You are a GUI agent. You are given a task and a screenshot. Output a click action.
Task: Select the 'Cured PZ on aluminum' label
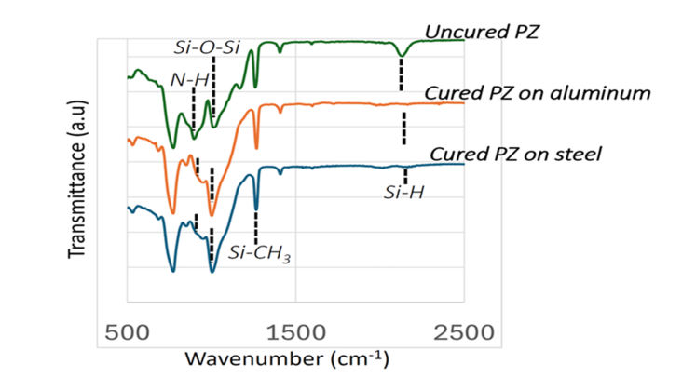pyautogui.click(x=536, y=93)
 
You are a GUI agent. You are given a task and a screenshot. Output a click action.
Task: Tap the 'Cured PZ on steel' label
pyautogui.click(x=514, y=154)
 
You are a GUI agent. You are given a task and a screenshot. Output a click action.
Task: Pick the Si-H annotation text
pyautogui.click(x=403, y=194)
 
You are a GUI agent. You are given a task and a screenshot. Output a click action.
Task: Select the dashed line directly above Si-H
pyautogui.click(x=405, y=176)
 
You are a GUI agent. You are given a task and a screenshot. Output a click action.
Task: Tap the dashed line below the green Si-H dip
pyautogui.click(x=402, y=74)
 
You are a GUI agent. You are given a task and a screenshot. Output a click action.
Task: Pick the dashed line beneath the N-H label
pyautogui.click(x=193, y=109)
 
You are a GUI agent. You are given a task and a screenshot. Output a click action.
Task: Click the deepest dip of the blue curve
pyautogui.click(x=173, y=270)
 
